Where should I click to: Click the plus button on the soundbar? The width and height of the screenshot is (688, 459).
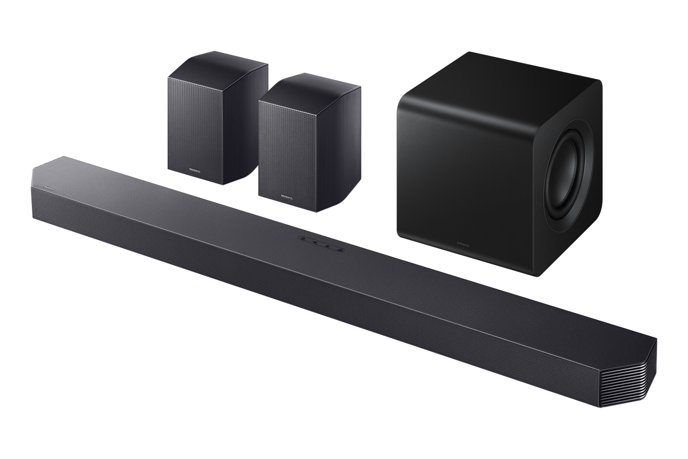(x=328, y=246)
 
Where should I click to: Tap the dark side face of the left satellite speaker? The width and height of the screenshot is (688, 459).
(x=247, y=122)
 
